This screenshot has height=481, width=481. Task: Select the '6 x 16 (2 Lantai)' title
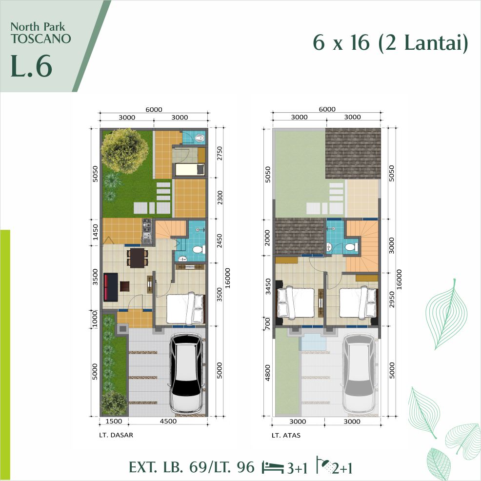point(390,43)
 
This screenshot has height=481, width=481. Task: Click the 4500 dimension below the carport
point(167,421)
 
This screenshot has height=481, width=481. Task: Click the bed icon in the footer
point(272,467)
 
